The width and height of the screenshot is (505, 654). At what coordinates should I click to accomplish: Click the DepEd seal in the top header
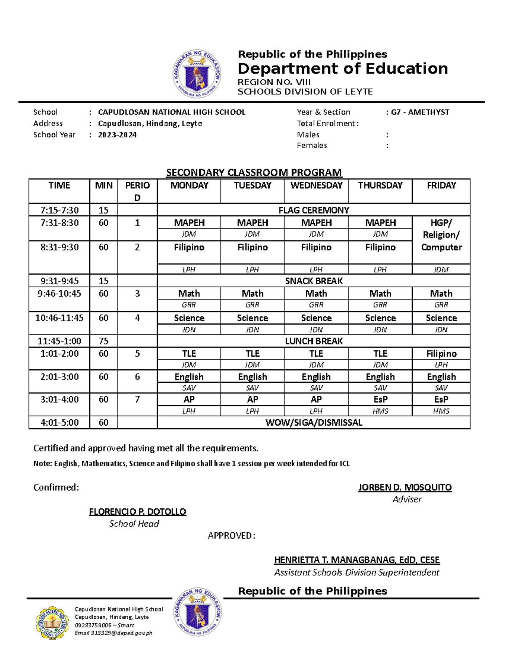(197, 74)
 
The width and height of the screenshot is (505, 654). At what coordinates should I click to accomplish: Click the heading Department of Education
(343, 68)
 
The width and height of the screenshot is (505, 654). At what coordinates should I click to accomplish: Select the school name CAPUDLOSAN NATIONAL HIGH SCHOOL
(171, 112)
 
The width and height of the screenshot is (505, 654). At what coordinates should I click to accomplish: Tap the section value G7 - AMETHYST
(420, 112)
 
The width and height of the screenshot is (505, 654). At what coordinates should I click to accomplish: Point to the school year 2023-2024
(117, 135)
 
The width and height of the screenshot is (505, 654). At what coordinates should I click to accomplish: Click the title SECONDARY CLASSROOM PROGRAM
(254, 172)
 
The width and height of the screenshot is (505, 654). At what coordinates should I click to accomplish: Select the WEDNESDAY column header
(316, 186)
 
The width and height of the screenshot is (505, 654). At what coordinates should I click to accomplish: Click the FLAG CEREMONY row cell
(314, 210)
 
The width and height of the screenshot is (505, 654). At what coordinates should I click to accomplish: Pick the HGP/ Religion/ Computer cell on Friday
(441, 235)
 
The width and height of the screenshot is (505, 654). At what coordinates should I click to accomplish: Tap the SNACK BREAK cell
(314, 281)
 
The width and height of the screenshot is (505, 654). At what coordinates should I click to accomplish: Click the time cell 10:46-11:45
(59, 318)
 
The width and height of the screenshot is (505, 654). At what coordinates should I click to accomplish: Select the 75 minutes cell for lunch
(103, 341)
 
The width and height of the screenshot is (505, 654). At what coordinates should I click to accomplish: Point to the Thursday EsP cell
(380, 399)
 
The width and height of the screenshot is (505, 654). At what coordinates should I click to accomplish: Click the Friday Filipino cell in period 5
(441, 354)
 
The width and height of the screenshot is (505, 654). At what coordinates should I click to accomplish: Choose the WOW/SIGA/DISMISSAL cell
(314, 422)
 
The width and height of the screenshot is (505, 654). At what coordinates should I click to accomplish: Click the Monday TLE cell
(189, 354)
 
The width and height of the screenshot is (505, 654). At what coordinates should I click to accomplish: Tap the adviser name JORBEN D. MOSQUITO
(405, 488)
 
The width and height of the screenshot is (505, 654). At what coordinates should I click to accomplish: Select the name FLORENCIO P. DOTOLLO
(138, 512)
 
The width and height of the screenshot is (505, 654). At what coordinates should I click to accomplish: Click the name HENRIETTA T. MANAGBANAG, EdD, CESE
(356, 560)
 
